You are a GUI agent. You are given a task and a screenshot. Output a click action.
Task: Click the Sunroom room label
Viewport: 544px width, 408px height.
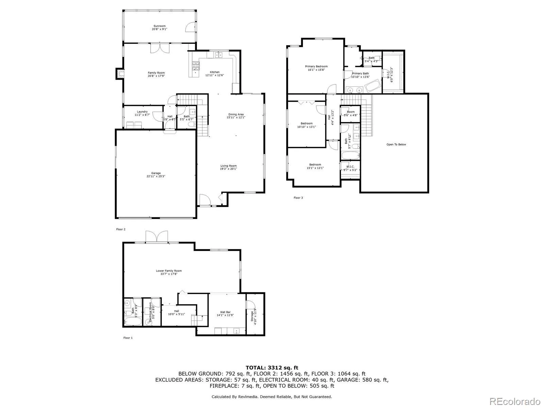coord(159,26)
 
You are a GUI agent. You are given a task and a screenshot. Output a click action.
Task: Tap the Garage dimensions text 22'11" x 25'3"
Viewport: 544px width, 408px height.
coord(156,176)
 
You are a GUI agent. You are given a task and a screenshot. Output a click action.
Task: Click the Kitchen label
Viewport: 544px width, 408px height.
coord(215,72)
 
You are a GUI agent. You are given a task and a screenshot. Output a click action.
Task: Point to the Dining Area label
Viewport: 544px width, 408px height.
coord(236,114)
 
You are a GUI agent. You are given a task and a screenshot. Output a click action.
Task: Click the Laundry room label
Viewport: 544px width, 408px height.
coord(142,112)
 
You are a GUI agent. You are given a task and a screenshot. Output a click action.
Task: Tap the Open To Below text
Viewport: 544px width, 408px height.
coord(396,144)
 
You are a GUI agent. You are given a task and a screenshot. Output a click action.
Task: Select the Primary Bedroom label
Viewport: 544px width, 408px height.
coord(316,66)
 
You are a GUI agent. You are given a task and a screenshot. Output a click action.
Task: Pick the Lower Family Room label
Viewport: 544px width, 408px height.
coord(169,271)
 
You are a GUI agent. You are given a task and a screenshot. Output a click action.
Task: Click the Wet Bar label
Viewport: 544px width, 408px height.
coord(225,312)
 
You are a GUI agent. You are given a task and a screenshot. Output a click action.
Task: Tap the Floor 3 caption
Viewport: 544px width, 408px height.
coord(298,198)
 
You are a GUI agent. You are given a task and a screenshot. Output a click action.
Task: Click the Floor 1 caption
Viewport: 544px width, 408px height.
coord(128,338)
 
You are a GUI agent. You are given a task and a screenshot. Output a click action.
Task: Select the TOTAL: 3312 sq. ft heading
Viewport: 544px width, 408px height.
coord(272,368)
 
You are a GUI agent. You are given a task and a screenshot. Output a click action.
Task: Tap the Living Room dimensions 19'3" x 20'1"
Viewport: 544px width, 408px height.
coord(228,169)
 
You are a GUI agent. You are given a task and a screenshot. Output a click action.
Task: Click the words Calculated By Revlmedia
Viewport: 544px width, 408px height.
coord(235,397)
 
